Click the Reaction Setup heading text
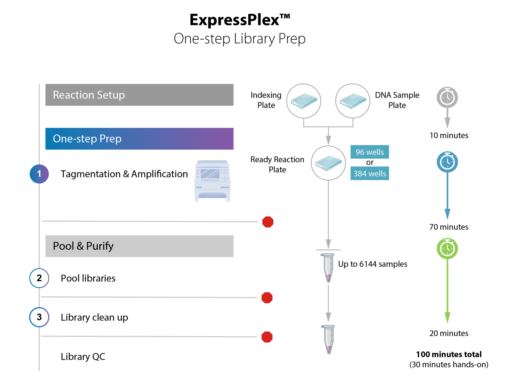click(89, 95)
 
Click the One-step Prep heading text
click(87, 139)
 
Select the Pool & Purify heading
click(83, 246)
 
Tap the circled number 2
click(39, 278)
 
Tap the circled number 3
click(39, 317)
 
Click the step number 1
click(39, 174)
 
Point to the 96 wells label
click(370, 152)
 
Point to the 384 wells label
click(370, 174)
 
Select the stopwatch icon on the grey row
click(447, 97)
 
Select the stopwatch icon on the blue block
click(447, 161)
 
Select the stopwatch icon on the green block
click(447, 248)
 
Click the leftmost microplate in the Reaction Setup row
click(303, 101)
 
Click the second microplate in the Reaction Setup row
click(353, 101)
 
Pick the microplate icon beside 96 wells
click(328, 163)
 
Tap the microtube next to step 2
click(328, 267)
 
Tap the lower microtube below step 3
click(329, 339)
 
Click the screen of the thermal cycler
click(210, 174)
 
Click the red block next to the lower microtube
click(292, 342)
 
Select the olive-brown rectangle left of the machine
click(127, 202)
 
